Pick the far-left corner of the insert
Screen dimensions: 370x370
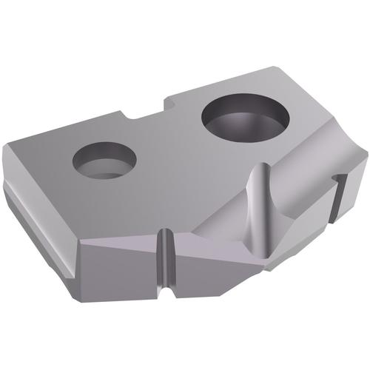tap(6, 147)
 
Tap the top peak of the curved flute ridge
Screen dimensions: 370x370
tap(259, 167)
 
